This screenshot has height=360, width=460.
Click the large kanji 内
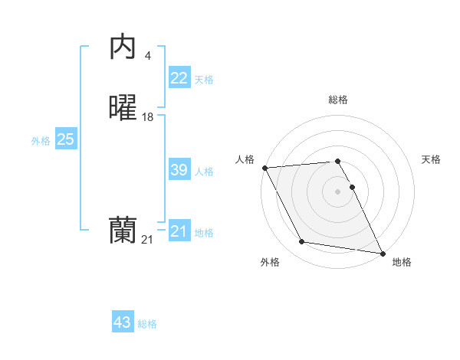pyautogui.click(x=123, y=47)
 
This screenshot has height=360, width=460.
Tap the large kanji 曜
pyautogui.click(x=123, y=109)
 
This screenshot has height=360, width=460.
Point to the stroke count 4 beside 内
pyautogui.click(x=147, y=55)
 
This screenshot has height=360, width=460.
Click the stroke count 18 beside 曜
pyautogui.click(x=147, y=117)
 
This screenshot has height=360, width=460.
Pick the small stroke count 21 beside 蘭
pyautogui.click(x=147, y=240)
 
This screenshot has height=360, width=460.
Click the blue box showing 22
pyautogui.click(x=179, y=77)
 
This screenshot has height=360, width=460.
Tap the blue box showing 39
pyautogui.click(x=179, y=170)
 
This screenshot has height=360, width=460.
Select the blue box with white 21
pyautogui.click(x=179, y=231)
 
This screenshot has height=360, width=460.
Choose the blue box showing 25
pyautogui.click(x=65, y=139)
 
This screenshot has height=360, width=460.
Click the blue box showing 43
pyautogui.click(x=123, y=322)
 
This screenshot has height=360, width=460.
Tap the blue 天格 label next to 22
pyautogui.click(x=204, y=79)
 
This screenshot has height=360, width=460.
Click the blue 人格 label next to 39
pyautogui.click(x=204, y=172)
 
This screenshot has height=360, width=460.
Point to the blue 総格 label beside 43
pyautogui.click(x=147, y=324)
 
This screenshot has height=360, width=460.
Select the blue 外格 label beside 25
pyautogui.click(x=41, y=141)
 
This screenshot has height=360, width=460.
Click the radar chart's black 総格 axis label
pyautogui.click(x=338, y=100)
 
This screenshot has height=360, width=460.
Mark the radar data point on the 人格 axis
pyautogui.click(x=264, y=167)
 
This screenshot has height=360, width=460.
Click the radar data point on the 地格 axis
pyautogui.click(x=382, y=252)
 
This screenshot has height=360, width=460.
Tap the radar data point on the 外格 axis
pyautogui.click(x=302, y=242)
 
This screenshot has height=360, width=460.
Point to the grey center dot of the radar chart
pyautogui.click(x=337, y=191)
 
